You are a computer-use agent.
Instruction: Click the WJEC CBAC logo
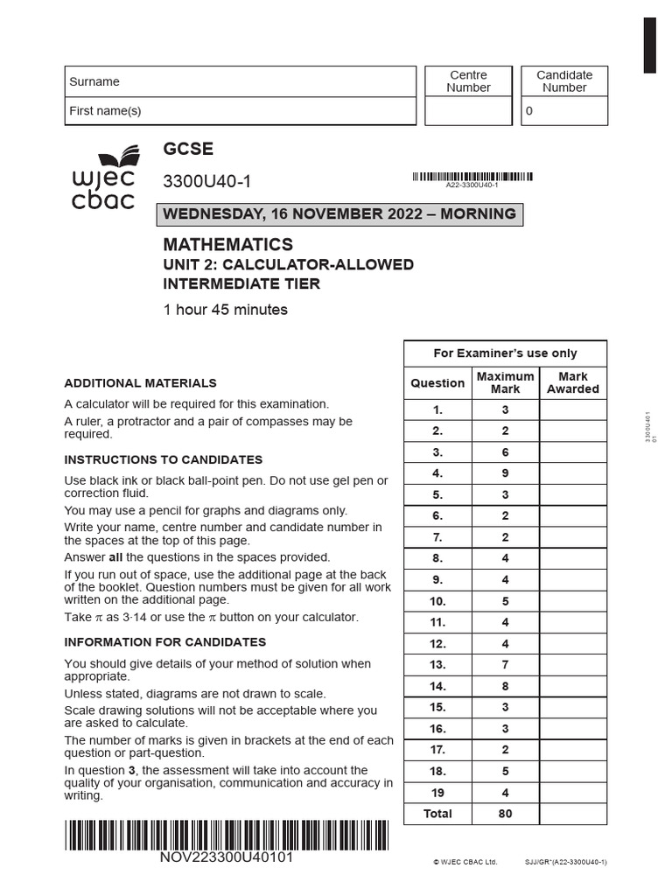point(104,178)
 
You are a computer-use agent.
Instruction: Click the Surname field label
point(94,81)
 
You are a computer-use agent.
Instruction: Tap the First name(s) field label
point(105,111)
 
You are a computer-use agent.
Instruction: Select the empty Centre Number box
point(468,111)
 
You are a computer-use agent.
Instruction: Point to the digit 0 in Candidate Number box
point(528,112)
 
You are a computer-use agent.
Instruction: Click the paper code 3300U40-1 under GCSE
point(206,182)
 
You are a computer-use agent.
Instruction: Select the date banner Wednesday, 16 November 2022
point(339,214)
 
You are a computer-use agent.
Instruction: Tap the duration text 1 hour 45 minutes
point(226,310)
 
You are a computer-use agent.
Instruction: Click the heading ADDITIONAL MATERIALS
point(140,383)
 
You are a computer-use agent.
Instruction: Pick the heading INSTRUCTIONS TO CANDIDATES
point(164,459)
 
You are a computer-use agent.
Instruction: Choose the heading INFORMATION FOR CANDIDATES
point(165,641)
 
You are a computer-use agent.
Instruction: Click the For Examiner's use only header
point(505,353)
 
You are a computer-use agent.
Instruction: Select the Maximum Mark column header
point(505,382)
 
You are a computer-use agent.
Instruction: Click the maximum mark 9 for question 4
point(505,473)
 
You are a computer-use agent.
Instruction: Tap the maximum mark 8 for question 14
point(505,686)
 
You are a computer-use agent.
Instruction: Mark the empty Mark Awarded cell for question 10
point(573,601)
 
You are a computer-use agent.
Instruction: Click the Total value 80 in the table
point(505,814)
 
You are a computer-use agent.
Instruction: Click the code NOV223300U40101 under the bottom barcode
point(226,857)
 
